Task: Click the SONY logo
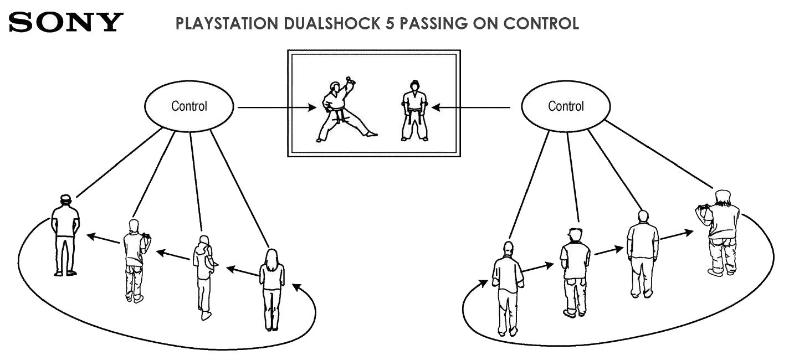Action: [x=65, y=22]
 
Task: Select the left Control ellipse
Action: [x=189, y=106]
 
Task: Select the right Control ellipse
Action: [x=566, y=106]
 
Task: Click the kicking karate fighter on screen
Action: [x=339, y=111]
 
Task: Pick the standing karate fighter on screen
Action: [x=414, y=111]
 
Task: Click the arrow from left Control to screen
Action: [x=275, y=107]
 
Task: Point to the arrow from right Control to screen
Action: [x=472, y=107]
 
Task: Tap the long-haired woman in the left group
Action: [x=272, y=288]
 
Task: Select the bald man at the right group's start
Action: [x=508, y=288]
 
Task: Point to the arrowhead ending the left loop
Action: [x=296, y=287]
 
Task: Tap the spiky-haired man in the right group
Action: [x=575, y=271]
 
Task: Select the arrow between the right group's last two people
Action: [x=676, y=235]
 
